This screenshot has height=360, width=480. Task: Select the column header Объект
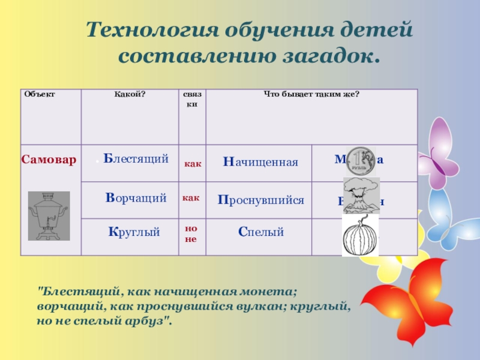coord(39,94)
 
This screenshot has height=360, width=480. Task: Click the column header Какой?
coord(130,94)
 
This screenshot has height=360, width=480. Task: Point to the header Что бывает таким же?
coord(311,94)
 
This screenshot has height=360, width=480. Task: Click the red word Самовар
coord(49,160)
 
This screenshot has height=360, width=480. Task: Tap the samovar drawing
coord(49,215)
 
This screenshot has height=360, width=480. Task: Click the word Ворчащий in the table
coord(136,197)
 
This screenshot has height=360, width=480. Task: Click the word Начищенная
coord(260,162)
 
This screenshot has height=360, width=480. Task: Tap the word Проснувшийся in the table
coord(260,200)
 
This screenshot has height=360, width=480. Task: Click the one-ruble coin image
coord(361,161)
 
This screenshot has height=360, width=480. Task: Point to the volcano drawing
coord(361,196)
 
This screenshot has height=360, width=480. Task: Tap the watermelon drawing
coord(360,236)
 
